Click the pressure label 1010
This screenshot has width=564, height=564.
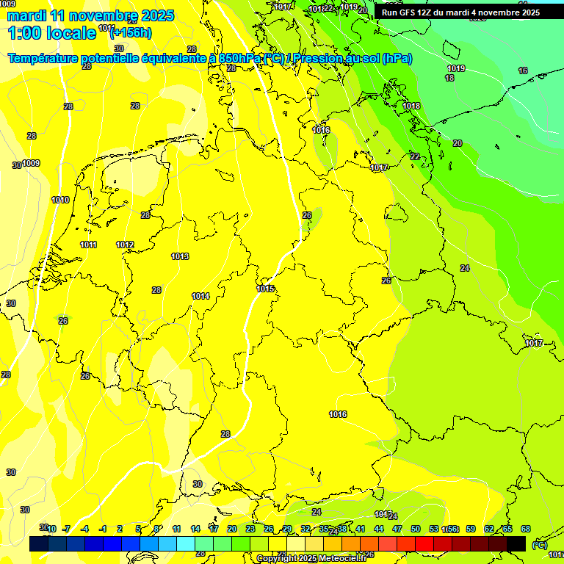coord(60,200)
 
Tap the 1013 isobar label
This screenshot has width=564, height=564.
coord(180,256)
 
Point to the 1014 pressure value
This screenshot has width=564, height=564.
coord(200,296)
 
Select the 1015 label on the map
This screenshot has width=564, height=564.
coord(266,289)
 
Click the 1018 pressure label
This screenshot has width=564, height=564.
coord(411,106)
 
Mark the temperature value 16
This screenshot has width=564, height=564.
coord(523,70)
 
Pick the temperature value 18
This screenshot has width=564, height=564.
coord(449,78)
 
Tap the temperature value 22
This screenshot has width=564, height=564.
coord(415,156)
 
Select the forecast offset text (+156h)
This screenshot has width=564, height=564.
coord(130,32)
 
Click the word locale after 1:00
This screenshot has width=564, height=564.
coord(70,32)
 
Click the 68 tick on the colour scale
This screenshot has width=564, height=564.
coord(526,529)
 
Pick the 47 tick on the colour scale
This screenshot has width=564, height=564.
coord(397,529)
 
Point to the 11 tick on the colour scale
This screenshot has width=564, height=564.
coord(177,529)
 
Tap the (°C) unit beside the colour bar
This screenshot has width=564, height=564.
coord(539,545)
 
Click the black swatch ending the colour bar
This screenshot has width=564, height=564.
coord(516,543)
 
